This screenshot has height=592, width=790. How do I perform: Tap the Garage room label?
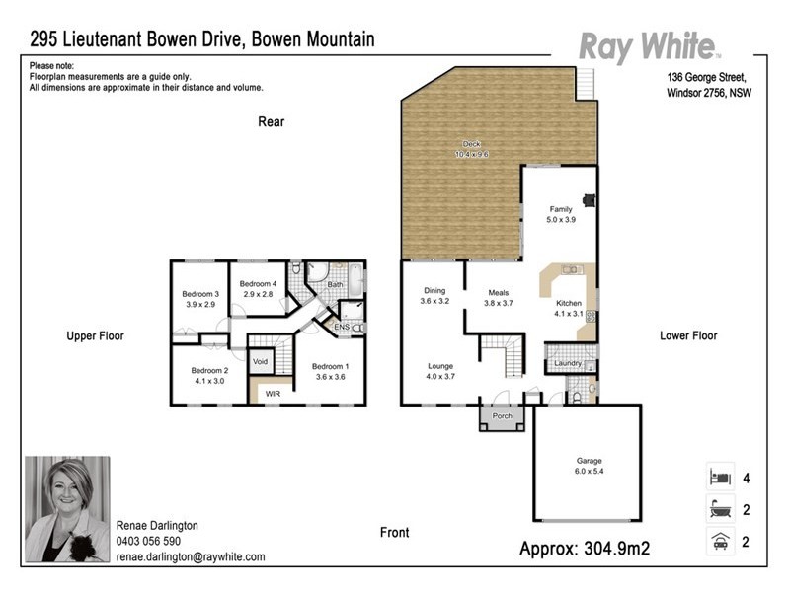click(589, 461)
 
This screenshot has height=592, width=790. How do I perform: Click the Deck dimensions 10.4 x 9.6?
click(472, 155)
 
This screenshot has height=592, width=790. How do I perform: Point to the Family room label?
click(561, 209)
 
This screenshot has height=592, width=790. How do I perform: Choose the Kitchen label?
click(569, 303)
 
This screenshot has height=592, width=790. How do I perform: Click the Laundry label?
click(567, 364)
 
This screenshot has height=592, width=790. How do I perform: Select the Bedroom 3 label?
click(200, 294)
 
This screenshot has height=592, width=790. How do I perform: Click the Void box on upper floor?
click(261, 362)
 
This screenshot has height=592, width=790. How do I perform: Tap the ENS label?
click(342, 327)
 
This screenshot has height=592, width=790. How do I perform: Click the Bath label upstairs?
click(336, 284)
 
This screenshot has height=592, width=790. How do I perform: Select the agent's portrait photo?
click(67, 508)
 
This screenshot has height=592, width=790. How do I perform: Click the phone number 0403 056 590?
click(148, 542)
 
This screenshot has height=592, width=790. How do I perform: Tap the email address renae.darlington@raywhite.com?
click(191, 556)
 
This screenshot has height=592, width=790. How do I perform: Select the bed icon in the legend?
click(718, 478)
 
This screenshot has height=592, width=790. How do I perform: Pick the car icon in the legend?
click(718, 540)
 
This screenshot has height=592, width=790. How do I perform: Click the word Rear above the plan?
click(272, 122)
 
